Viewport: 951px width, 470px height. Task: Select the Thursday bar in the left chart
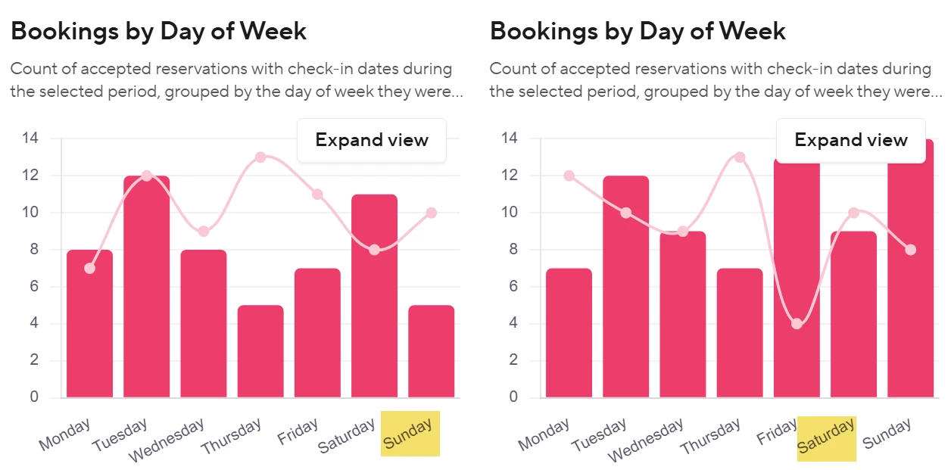click(260, 351)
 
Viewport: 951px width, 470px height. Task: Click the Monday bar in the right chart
click(569, 333)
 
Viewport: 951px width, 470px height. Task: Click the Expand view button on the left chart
click(372, 140)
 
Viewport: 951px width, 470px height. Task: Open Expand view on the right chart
click(851, 140)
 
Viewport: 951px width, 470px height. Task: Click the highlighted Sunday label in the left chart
click(410, 434)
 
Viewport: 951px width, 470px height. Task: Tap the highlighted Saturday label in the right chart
click(827, 438)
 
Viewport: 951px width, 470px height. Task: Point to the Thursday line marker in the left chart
click(260, 157)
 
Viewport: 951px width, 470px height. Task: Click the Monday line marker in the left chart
click(90, 268)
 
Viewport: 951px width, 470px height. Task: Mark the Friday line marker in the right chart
click(797, 324)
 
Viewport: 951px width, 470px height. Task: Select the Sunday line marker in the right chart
click(910, 250)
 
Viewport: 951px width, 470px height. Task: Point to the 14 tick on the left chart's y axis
click(30, 139)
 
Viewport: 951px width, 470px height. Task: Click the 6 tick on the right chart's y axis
click(513, 287)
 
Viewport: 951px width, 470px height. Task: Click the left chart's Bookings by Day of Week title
click(159, 31)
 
